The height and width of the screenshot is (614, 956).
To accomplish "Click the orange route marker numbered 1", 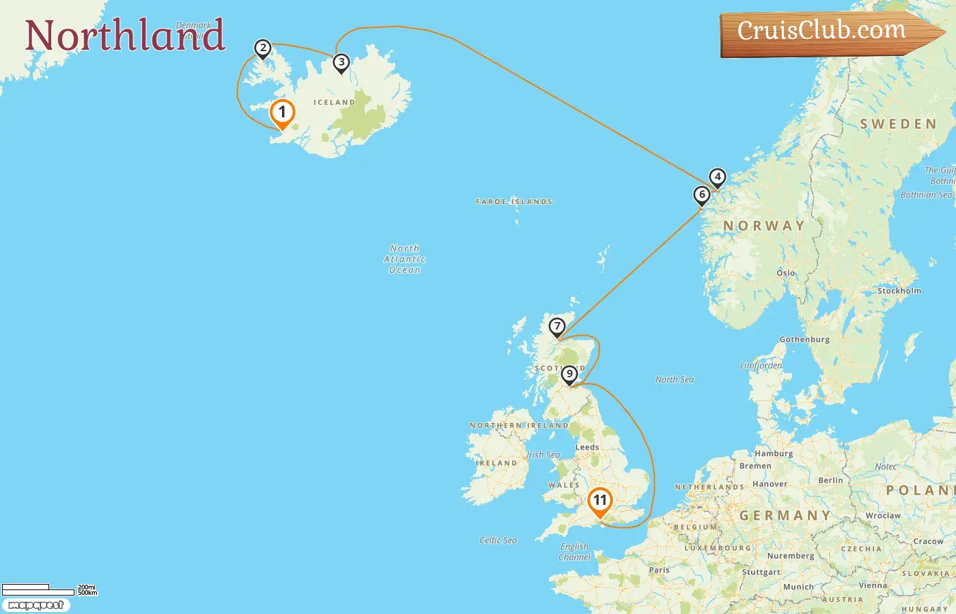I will [x=282, y=113].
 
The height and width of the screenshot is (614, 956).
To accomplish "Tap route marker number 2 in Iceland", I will [x=262, y=48].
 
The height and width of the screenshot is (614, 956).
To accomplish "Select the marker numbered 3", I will [x=341, y=63].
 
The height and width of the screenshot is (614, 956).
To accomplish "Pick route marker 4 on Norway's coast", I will [x=717, y=177].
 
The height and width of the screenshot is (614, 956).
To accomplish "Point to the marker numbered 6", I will [x=701, y=195].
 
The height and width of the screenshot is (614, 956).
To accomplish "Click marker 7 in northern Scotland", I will [x=557, y=327].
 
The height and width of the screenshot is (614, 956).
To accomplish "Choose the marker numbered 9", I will [x=569, y=375].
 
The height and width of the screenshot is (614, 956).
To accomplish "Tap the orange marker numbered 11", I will [x=600, y=501].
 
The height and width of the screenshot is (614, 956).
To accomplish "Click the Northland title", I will [x=125, y=35].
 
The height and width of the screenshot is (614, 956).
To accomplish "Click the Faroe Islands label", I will [x=514, y=202].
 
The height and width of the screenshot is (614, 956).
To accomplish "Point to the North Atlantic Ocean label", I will [x=404, y=259].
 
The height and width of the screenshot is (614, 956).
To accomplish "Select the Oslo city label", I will [x=785, y=273].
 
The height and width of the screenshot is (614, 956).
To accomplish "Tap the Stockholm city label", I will [x=899, y=291].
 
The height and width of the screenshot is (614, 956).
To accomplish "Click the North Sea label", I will [x=674, y=379].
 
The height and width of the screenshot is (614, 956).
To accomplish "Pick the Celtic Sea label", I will [x=498, y=540].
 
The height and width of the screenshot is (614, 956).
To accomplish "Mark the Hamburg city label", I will [x=774, y=454].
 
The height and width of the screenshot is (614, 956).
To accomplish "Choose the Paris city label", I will [x=659, y=570].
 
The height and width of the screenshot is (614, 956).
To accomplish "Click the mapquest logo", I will [x=36, y=605].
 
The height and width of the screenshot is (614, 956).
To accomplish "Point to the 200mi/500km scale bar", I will [x=48, y=589].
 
